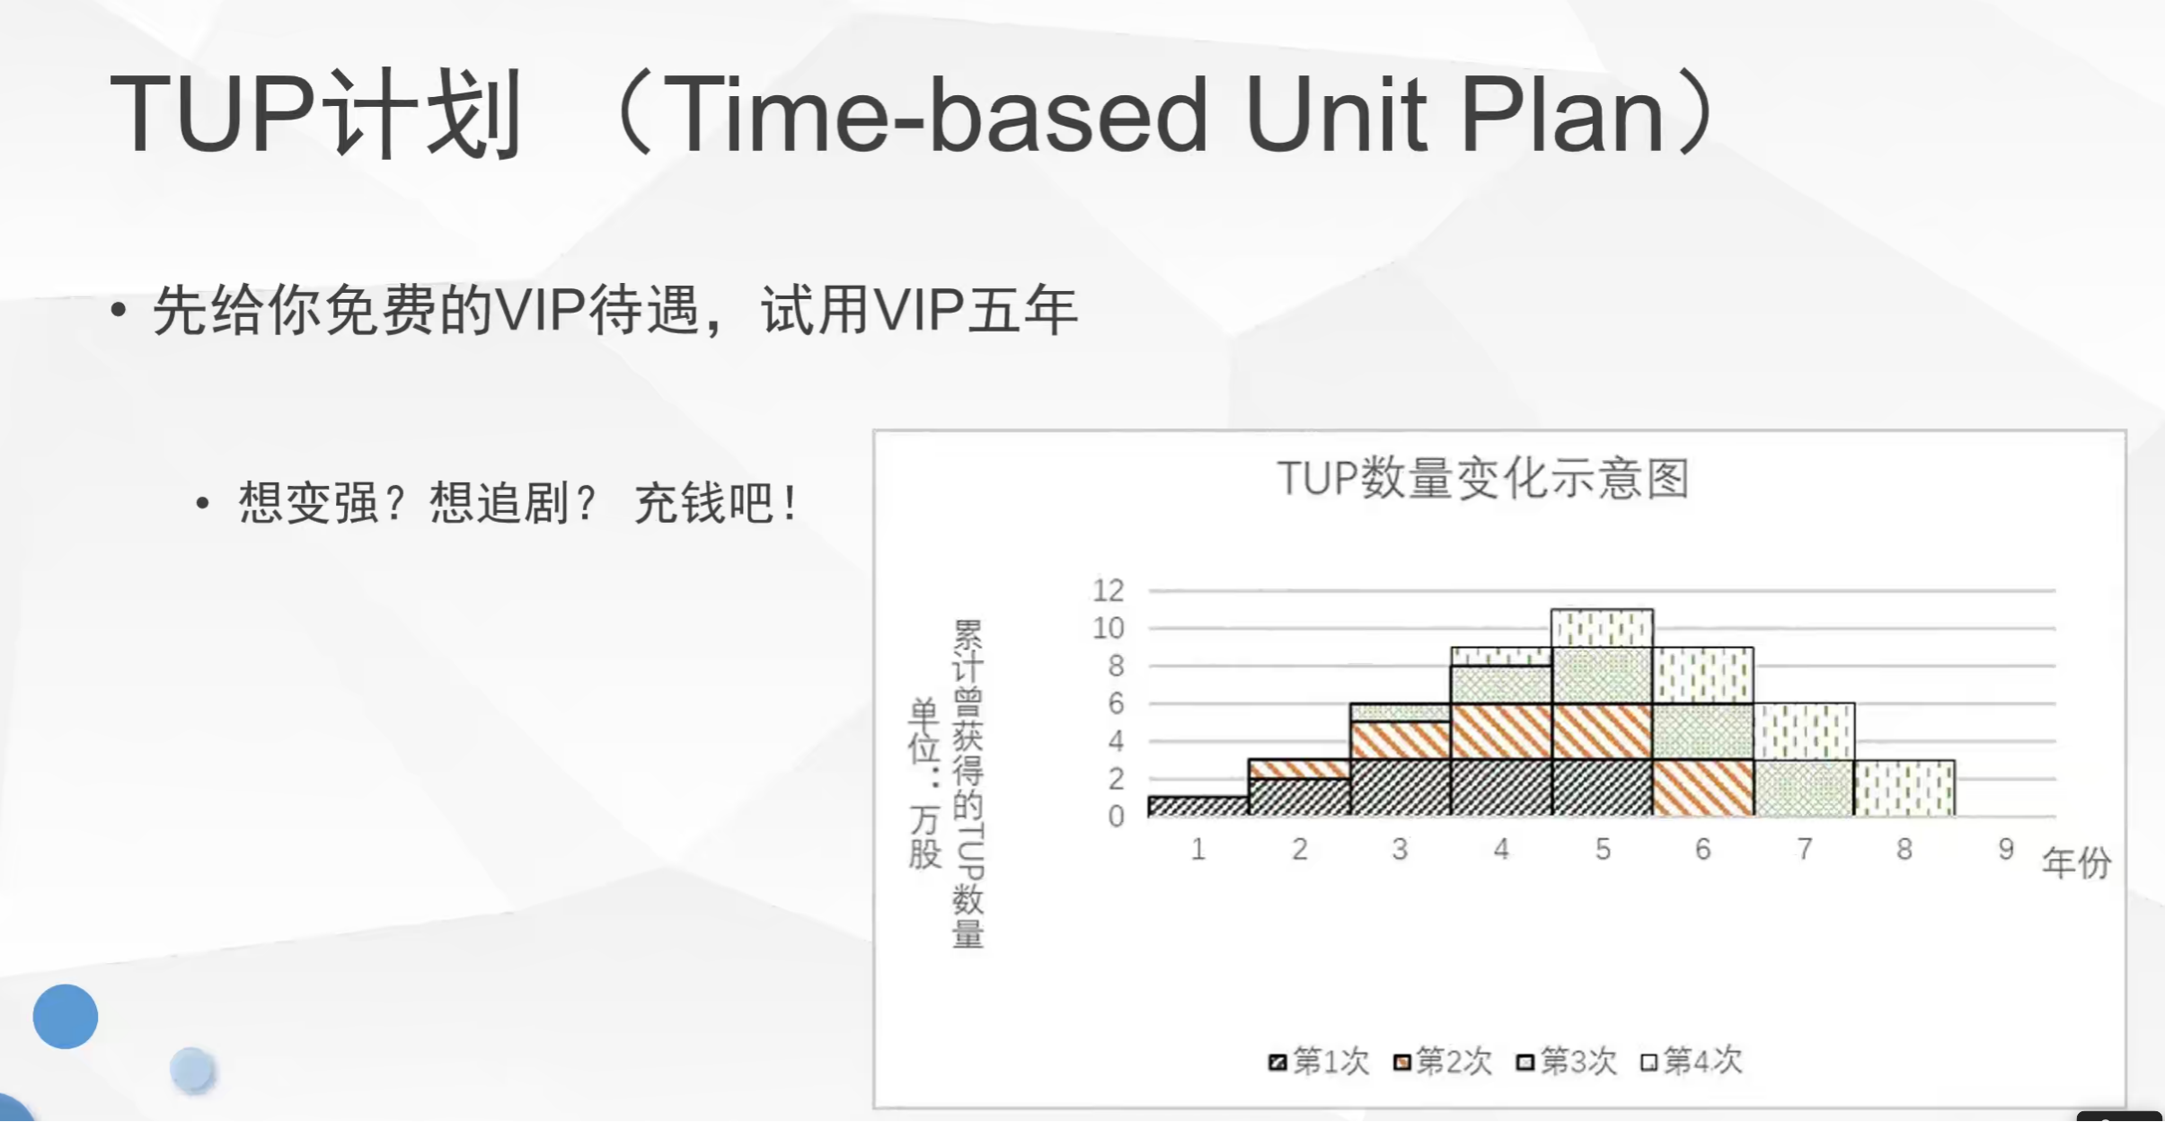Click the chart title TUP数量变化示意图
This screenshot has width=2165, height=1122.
[1483, 478]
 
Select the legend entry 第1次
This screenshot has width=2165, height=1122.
[1318, 1061]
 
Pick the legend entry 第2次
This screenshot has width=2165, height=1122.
[1442, 1061]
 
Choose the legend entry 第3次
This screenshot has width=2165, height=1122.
[1566, 1061]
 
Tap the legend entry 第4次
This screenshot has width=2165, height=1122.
[1690, 1061]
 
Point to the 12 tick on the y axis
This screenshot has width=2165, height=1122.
[1109, 590]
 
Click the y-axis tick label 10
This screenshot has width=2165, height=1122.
[1109, 628]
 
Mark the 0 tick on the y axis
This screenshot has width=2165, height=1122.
[1116, 817]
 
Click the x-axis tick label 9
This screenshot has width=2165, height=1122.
[2006, 849]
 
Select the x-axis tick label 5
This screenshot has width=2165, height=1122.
[1603, 849]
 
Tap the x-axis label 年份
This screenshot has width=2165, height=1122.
[2076, 862]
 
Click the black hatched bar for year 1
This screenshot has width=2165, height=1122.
[1198, 806]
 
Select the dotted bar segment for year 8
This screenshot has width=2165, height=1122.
[1904, 788]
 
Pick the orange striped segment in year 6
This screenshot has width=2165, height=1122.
[1703, 788]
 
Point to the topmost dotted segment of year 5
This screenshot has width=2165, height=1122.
[1603, 628]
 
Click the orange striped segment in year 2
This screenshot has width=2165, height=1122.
[1299, 769]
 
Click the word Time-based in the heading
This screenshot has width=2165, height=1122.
[935, 114]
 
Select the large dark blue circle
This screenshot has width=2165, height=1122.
[66, 1016]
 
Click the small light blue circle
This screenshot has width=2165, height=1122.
[192, 1070]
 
